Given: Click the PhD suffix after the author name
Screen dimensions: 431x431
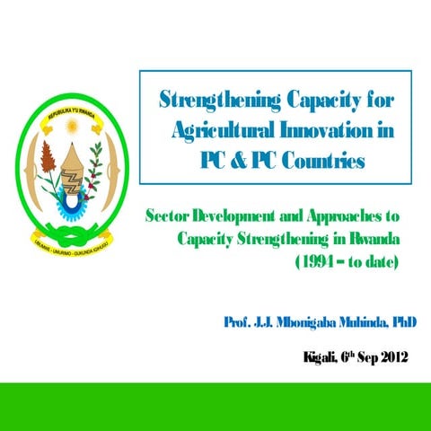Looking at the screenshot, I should coord(401,321).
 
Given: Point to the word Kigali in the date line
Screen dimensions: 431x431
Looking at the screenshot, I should coord(321,357).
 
